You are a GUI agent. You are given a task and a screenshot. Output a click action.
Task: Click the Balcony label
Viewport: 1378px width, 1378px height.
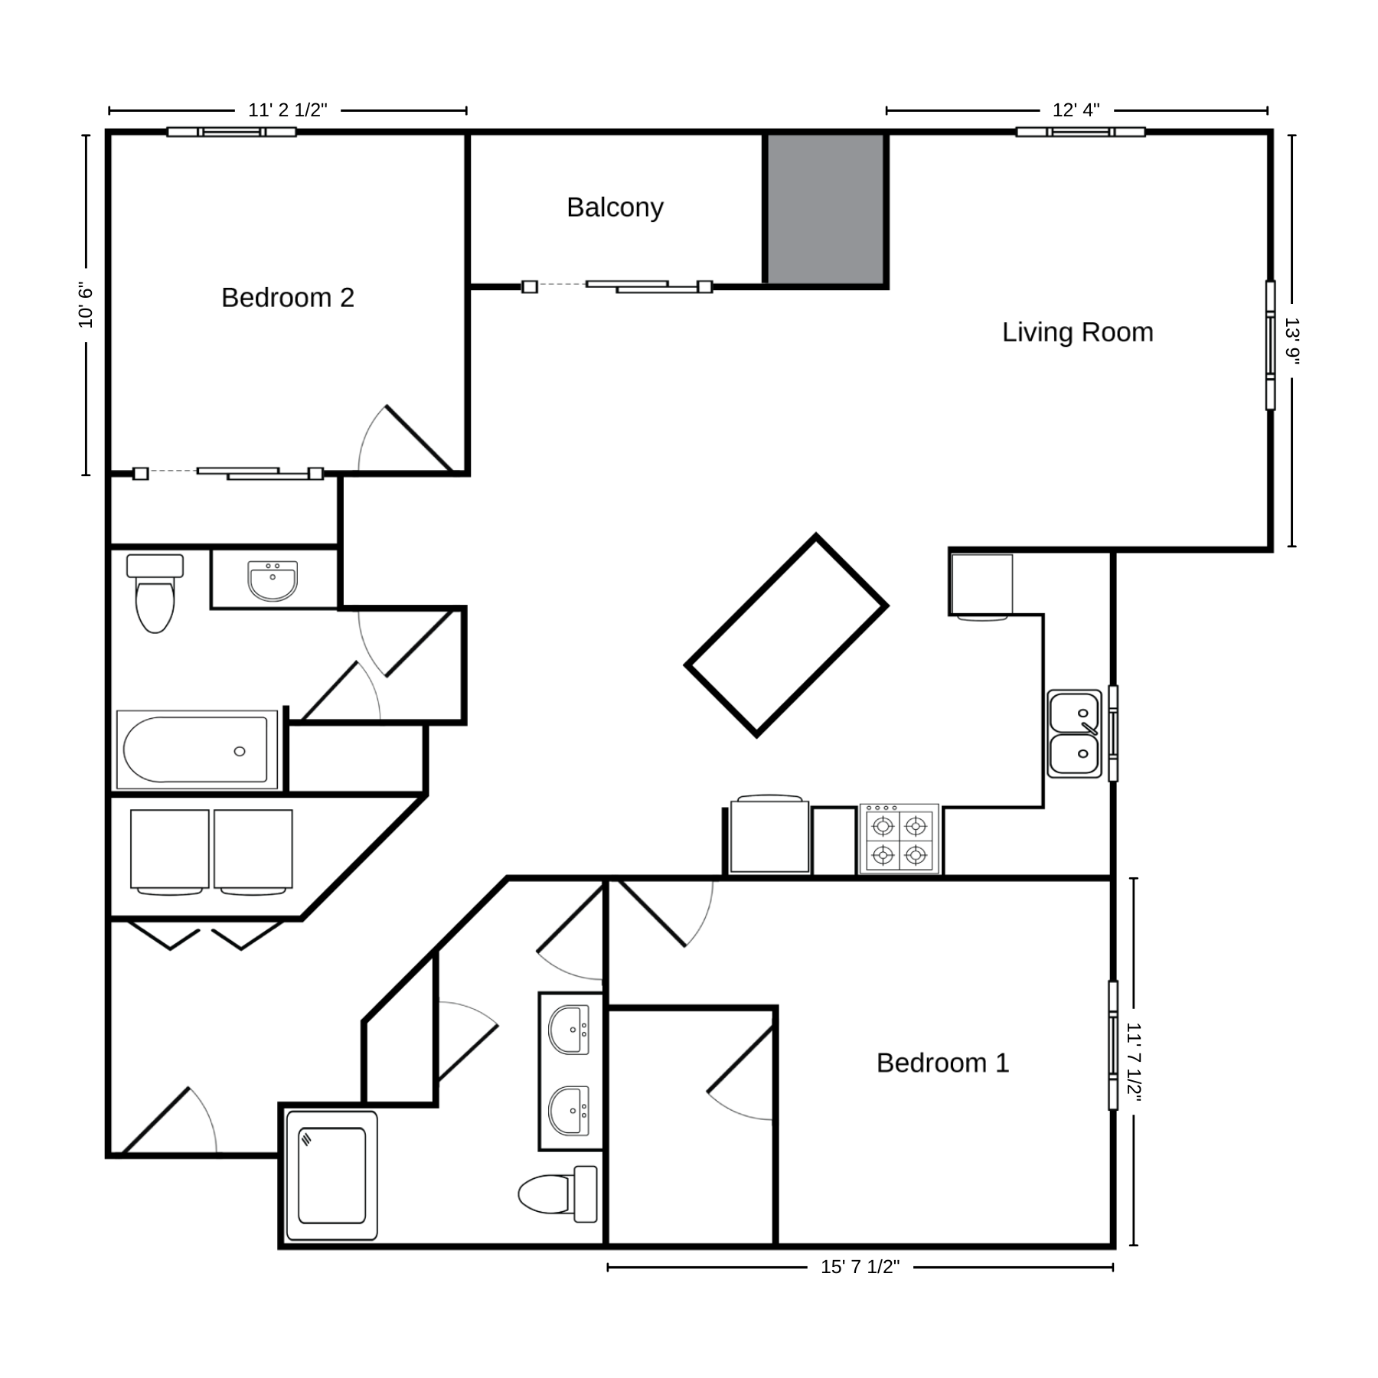(615, 207)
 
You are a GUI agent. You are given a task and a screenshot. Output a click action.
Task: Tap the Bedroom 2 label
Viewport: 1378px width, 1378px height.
(288, 298)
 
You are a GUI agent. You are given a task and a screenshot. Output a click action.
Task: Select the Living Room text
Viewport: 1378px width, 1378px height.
(1077, 332)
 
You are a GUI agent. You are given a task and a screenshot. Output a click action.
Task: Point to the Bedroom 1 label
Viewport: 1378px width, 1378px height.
(942, 1063)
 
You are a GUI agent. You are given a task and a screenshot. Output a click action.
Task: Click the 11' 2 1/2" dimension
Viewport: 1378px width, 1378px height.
(288, 110)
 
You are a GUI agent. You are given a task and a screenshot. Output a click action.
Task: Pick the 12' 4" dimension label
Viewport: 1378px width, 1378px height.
(1076, 110)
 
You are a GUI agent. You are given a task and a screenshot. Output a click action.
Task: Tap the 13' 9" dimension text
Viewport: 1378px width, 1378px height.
(1291, 341)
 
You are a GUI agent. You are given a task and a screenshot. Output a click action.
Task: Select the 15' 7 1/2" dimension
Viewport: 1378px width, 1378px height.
(860, 1267)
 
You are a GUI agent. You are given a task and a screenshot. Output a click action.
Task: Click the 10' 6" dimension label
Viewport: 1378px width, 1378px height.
(86, 305)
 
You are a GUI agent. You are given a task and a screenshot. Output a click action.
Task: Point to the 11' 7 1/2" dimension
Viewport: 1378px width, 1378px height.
(1134, 1062)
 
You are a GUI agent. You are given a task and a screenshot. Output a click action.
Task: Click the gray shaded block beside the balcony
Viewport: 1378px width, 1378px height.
(826, 209)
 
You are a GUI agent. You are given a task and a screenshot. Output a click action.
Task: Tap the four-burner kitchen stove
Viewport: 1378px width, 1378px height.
(900, 839)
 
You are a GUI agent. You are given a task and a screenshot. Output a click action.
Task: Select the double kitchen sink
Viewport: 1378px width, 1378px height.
(1074, 733)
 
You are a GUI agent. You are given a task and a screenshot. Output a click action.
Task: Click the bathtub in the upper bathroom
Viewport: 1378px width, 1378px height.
(197, 749)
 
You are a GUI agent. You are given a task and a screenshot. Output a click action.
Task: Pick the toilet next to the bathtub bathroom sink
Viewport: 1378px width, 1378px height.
(155, 593)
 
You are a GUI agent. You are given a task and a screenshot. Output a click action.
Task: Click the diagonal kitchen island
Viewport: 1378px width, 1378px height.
(786, 635)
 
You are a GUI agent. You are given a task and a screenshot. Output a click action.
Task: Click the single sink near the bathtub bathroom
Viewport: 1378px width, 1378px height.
(273, 581)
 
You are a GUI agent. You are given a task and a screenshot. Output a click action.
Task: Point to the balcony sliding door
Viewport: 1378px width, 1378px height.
(618, 287)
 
